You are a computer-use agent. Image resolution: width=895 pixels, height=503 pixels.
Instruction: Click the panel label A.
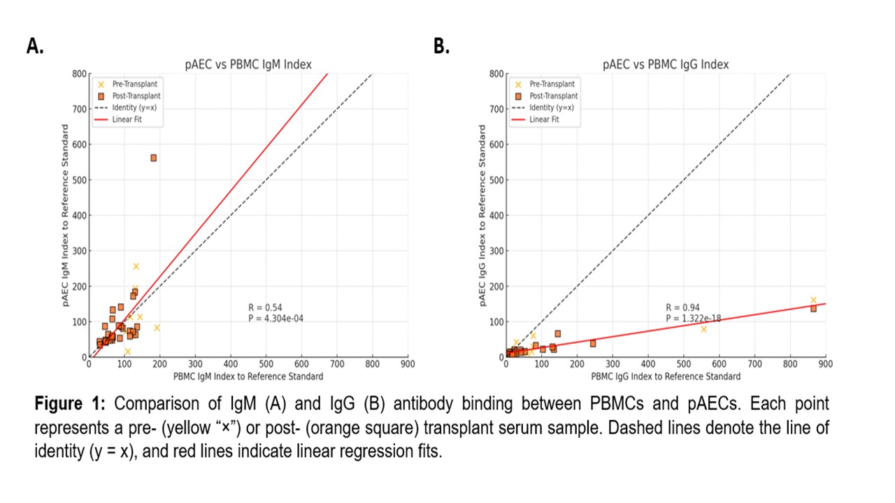point(35,47)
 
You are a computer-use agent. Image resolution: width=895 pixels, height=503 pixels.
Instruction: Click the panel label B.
point(442,47)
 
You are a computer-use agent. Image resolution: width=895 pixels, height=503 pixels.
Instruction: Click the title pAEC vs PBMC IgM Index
point(248,65)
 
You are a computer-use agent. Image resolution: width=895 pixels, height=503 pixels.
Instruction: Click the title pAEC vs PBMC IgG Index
point(666,65)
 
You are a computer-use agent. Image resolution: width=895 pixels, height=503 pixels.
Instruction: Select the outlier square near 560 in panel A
point(153,158)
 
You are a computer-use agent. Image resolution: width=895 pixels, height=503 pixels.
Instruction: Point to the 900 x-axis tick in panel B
point(825,364)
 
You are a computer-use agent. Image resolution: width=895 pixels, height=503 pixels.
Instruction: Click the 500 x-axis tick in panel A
point(266,364)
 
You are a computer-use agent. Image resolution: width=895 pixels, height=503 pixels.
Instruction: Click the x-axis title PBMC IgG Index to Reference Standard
point(665,377)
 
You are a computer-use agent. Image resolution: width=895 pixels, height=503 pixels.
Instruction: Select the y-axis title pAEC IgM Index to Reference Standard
point(65,215)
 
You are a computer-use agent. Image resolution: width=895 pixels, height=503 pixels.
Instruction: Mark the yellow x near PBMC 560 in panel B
point(703,329)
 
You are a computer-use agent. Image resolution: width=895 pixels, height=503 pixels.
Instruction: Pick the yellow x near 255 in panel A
point(136,266)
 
